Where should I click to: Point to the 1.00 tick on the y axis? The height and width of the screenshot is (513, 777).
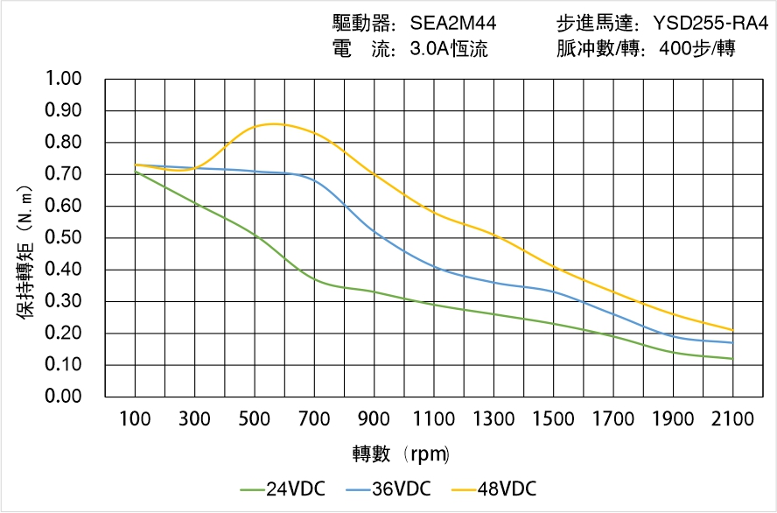click(x=62, y=80)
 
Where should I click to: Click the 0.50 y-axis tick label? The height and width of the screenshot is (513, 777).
click(x=62, y=238)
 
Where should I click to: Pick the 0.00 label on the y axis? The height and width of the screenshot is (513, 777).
click(x=62, y=397)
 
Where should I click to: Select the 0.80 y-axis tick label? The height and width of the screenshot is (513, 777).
click(x=62, y=143)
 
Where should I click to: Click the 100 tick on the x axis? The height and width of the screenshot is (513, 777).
click(x=135, y=420)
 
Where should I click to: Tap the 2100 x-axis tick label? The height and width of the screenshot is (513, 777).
click(x=732, y=420)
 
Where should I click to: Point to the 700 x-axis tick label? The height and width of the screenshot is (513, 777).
click(x=314, y=420)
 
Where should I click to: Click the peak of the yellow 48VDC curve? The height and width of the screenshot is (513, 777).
click(x=273, y=123)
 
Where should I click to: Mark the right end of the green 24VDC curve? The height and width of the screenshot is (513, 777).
click(x=732, y=359)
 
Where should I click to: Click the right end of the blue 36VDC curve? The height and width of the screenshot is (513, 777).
click(x=732, y=342)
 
